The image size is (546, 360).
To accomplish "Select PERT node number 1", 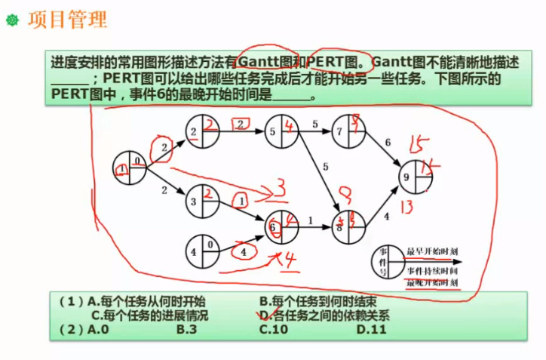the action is (129, 168).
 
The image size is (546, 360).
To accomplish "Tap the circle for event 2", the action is (203, 131).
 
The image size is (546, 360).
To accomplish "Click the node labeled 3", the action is (201, 202).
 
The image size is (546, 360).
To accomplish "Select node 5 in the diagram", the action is (281, 131).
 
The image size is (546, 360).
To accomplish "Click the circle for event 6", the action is (281, 223).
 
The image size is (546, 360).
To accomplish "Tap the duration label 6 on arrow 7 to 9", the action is (388, 143).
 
